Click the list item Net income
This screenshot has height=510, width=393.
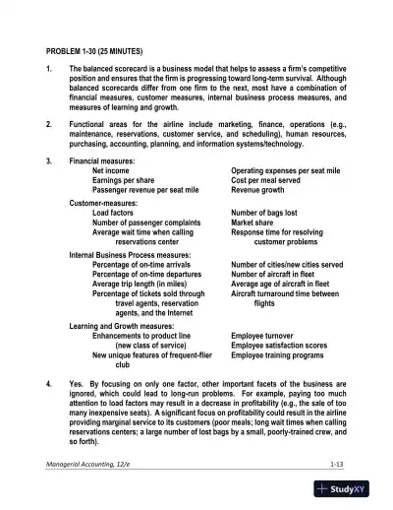(112, 171)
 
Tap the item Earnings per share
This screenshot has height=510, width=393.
(125, 181)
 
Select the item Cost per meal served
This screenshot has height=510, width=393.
(272, 181)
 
